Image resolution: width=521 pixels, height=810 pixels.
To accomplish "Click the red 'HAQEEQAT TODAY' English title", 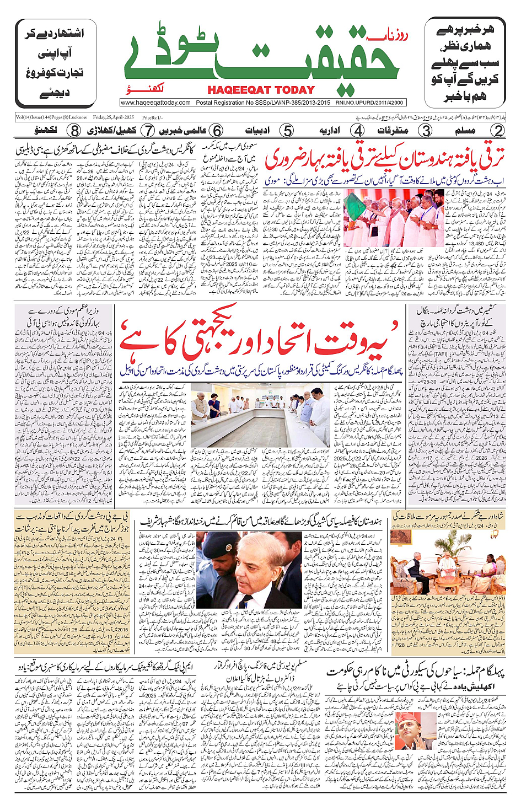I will point(261,90).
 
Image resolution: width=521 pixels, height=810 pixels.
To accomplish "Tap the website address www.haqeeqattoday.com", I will point(155,103).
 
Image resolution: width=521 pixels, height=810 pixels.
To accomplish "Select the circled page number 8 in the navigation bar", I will point(74,131).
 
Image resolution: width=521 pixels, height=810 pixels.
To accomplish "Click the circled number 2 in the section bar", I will point(498,131).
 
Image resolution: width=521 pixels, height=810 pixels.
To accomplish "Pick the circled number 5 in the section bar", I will point(287,131).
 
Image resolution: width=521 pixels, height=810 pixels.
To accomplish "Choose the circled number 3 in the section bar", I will point(426,131).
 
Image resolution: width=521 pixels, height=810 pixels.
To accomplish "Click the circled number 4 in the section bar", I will point(358,131).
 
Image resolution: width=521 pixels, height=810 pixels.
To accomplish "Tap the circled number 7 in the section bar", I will point(148,131).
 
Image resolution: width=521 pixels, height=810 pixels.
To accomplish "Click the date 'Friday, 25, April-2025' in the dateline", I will point(114,117).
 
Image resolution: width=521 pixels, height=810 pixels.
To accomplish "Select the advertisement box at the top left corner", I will point(56,63).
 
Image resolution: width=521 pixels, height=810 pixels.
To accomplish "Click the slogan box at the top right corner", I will point(465,63).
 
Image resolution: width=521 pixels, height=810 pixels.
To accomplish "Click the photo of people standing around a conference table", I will point(261,415).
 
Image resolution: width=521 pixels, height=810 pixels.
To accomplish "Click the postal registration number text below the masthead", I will point(263,103).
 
